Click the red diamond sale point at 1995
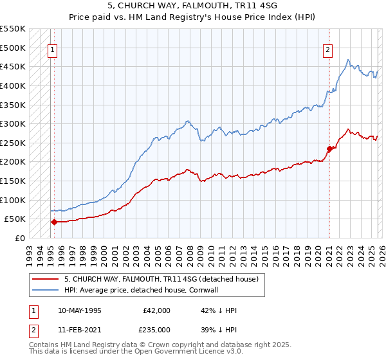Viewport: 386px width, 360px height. pyautogui.click(x=54, y=222)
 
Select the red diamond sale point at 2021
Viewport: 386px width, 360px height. pyautogui.click(x=329, y=148)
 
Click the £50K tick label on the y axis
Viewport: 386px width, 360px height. pyautogui.click(x=15, y=219)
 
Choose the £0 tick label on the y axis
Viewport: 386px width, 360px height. pyautogui.click(x=20, y=238)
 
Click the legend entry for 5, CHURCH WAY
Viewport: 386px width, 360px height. pyautogui.click(x=161, y=279)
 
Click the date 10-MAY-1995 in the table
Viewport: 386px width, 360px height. pyautogui.click(x=79, y=310)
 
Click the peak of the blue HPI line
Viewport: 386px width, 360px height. pyautogui.click(x=347, y=60)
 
